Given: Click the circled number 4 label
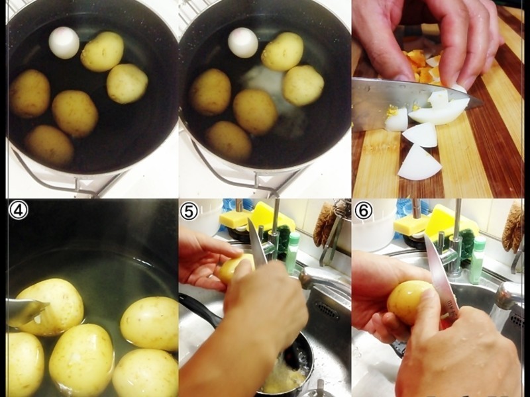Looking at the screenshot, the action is pos(19,210).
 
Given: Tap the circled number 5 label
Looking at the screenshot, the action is pos(189,211).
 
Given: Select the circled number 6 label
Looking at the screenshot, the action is pos(362,211).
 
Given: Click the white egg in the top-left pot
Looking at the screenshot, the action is pos(64,43).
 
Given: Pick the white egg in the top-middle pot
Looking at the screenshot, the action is pos(242,42).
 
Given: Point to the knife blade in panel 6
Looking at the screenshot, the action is pos(439,270).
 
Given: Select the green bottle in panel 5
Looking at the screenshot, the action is pos(293,251).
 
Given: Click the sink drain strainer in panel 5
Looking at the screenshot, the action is pos(327,310).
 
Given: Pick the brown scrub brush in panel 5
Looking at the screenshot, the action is pos(325,224).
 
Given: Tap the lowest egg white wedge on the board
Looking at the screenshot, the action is pos(419,163).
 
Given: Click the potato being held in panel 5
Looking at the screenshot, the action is pos(233,269).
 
